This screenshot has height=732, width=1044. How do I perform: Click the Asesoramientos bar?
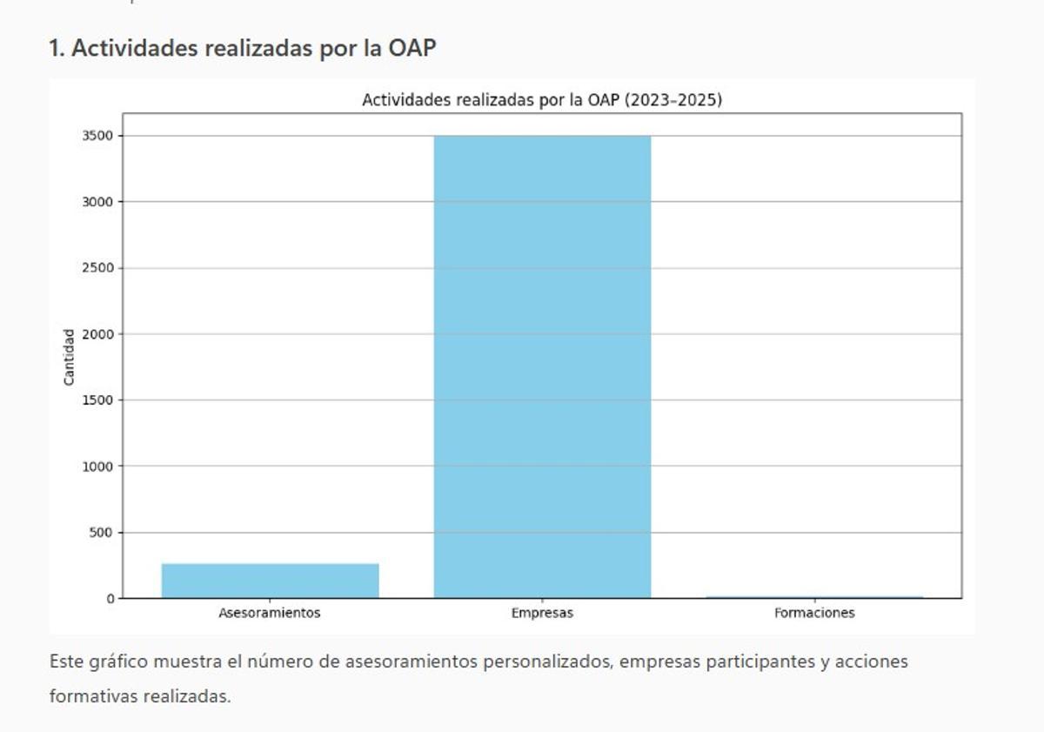[x=270, y=581]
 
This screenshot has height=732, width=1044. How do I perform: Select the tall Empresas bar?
[x=542, y=366]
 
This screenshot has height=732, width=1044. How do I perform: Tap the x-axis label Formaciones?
[x=814, y=613]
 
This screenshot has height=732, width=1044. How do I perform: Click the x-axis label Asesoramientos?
[x=270, y=613]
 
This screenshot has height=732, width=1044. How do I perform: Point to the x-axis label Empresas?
[x=542, y=613]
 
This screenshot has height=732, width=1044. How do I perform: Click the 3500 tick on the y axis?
[x=98, y=136]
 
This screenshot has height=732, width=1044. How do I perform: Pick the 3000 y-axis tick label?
[x=98, y=202]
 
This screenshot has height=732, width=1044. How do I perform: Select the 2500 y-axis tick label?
[x=98, y=268]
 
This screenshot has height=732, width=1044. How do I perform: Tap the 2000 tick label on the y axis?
[x=98, y=334]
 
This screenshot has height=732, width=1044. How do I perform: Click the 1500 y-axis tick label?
[x=98, y=400]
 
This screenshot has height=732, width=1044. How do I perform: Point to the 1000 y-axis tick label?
[x=98, y=467]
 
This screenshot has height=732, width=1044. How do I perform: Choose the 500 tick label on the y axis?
[x=102, y=533]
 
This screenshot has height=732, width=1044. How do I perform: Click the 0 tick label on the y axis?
[x=110, y=599]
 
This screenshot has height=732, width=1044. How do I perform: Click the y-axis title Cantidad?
[x=69, y=357]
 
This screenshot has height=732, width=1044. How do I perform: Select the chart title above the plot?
[x=542, y=101]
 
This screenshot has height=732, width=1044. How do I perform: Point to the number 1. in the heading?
[x=57, y=49]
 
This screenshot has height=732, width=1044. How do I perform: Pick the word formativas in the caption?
[x=93, y=696]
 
